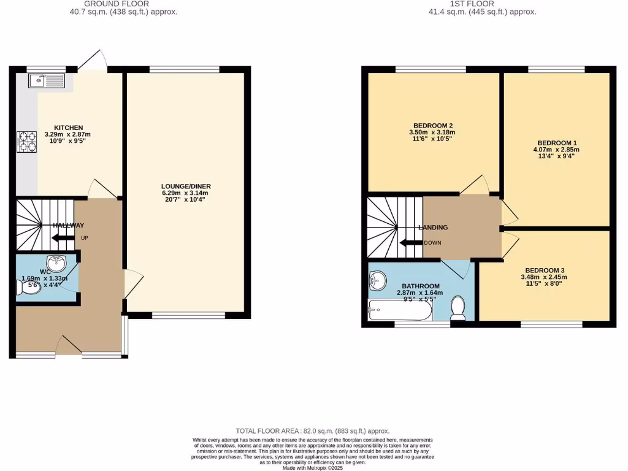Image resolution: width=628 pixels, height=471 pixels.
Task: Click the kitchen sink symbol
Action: click(47, 80)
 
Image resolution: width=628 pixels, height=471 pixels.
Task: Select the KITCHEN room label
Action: click(68, 128)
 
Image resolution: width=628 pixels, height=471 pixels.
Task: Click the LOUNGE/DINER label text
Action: click(186, 186)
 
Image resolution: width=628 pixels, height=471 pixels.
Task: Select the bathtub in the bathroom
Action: click(399, 310)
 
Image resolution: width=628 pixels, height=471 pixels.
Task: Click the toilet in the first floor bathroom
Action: click(458, 307)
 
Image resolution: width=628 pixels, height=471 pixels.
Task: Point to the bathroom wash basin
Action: click(377, 281)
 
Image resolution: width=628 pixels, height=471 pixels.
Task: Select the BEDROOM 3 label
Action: click(544, 270)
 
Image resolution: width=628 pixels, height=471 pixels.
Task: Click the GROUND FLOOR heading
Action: click(116, 4)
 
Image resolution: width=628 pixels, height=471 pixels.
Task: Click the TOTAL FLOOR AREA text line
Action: click(313, 431)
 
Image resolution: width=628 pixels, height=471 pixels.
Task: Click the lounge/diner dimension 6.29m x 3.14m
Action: click(186, 193)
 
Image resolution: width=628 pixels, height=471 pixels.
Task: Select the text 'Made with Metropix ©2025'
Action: click(313, 467)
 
